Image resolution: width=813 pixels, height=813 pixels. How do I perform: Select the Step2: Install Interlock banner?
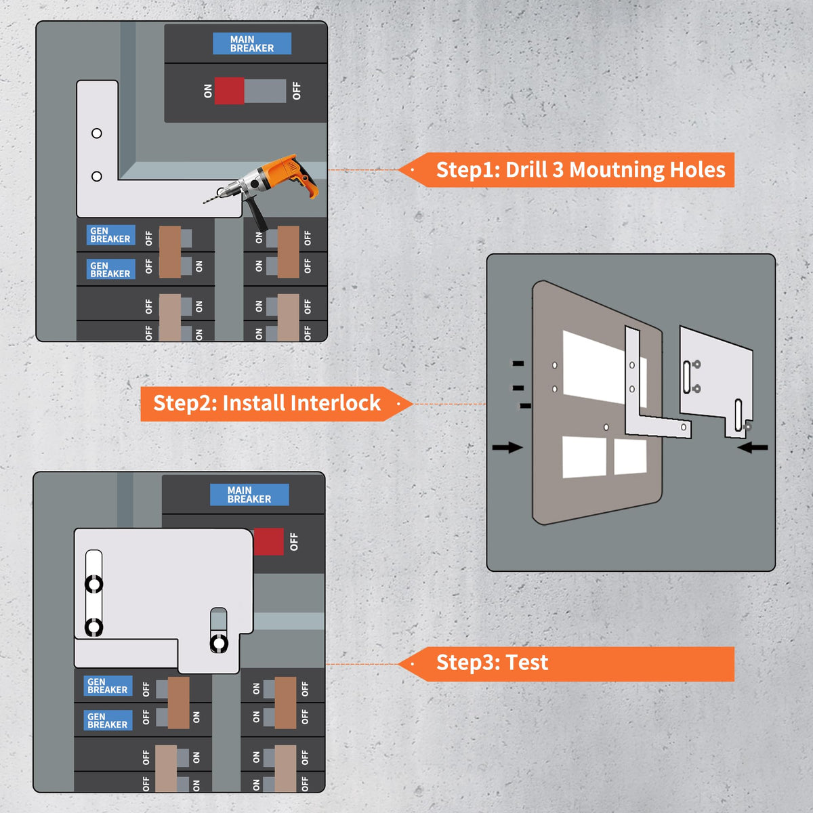(271, 404)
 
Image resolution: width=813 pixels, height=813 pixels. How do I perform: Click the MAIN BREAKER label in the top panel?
(252, 44)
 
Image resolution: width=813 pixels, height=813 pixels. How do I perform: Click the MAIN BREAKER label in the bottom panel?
(249, 495)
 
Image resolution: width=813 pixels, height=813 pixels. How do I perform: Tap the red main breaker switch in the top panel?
(230, 91)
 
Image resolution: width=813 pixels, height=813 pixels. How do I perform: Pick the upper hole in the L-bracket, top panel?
(97, 133)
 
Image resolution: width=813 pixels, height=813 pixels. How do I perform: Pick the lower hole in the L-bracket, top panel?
(97, 176)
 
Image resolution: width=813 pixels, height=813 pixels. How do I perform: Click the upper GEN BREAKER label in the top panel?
(110, 235)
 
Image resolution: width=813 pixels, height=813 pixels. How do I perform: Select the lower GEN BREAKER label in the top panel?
(110, 270)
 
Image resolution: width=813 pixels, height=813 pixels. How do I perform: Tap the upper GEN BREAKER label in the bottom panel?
(108, 686)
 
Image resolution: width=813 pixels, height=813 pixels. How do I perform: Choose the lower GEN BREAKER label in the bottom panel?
(108, 720)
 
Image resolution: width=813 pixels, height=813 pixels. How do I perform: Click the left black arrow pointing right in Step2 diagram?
(507, 447)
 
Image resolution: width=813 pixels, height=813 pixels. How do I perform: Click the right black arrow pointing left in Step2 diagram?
(753, 447)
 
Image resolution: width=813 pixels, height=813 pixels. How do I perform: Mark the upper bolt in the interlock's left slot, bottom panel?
(93, 584)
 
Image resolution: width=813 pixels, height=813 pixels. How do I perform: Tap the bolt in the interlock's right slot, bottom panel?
(219, 643)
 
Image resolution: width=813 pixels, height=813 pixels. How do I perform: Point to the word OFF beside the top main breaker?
(296, 91)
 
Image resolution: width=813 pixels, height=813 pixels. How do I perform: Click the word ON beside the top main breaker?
(208, 91)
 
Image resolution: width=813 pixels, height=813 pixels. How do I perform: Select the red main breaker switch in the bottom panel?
(268, 542)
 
